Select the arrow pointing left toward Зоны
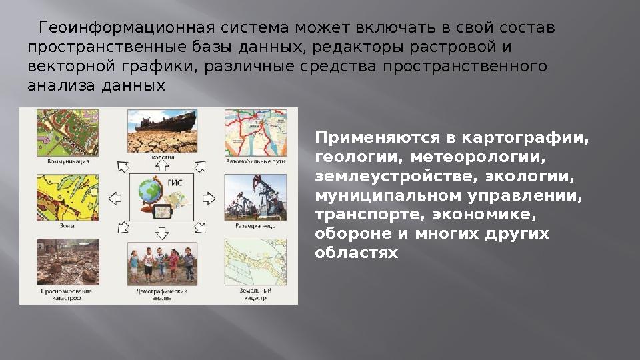click(x=114, y=198)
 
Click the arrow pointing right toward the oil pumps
click(x=209, y=198)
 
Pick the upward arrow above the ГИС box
click(x=161, y=164)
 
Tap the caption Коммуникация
click(x=68, y=161)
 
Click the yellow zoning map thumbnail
click(x=68, y=197)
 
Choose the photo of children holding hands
click(x=161, y=264)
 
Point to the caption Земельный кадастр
click(x=256, y=295)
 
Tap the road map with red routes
click(x=256, y=132)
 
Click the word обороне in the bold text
click(x=349, y=234)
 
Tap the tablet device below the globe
click(x=160, y=212)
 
